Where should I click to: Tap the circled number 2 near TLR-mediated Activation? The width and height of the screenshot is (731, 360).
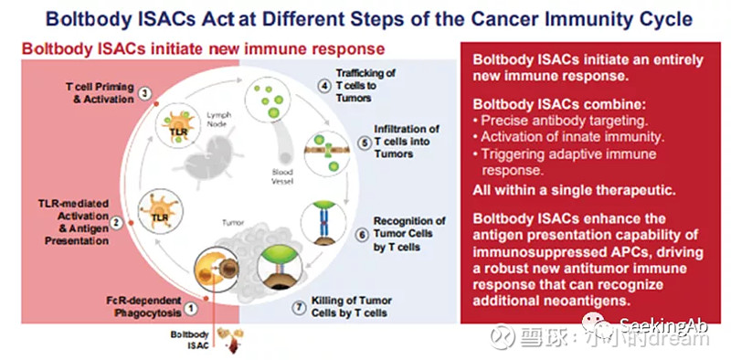116,222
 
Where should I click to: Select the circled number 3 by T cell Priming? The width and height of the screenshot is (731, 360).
144,92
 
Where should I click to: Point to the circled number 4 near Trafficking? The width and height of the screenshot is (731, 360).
323,86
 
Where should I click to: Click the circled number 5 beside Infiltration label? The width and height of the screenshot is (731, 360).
363,142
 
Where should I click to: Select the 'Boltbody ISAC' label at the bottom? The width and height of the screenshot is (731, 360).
194,340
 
